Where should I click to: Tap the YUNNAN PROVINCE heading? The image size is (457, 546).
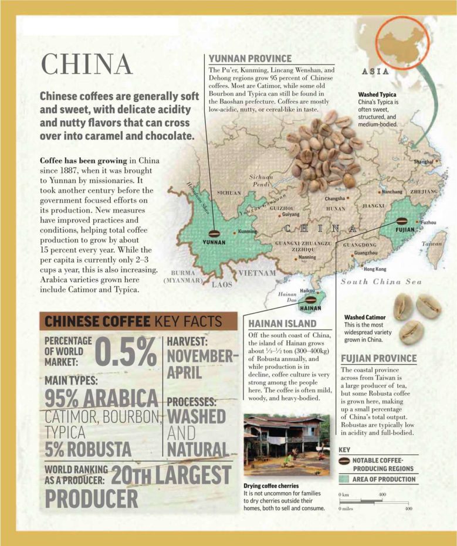(x=250, y=58)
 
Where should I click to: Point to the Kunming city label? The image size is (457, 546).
(x=248, y=232)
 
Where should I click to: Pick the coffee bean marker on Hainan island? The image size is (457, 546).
(x=310, y=299)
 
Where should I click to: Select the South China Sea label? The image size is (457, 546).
(x=381, y=282)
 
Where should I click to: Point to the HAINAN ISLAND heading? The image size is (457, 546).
(x=282, y=324)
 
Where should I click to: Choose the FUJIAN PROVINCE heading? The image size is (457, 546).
(x=378, y=358)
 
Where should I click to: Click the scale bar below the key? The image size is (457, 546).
(x=375, y=501)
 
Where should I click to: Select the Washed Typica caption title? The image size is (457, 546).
(x=377, y=94)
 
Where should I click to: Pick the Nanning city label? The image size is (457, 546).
(x=307, y=257)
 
